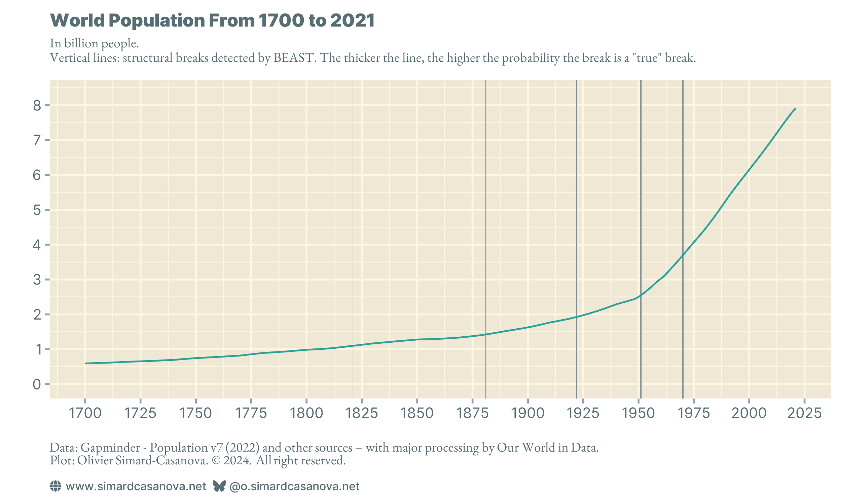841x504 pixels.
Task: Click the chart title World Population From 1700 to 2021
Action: [212, 20]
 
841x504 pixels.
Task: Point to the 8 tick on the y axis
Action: [37, 106]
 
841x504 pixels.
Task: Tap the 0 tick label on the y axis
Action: [37, 384]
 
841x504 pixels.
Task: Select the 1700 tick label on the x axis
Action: [85, 413]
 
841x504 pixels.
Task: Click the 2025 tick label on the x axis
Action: [804, 413]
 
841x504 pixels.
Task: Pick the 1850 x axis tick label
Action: [417, 413]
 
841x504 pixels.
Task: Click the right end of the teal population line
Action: [795, 109]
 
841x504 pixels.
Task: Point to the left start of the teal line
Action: [86, 364]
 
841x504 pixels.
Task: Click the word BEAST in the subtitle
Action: [293, 58]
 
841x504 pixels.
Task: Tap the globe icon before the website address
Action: [56, 486]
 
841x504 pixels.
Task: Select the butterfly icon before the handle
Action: [219, 486]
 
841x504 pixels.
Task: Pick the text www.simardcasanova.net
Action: [136, 486]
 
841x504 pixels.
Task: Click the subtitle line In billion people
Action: [94, 43]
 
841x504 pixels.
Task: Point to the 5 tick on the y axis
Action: [37, 210]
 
